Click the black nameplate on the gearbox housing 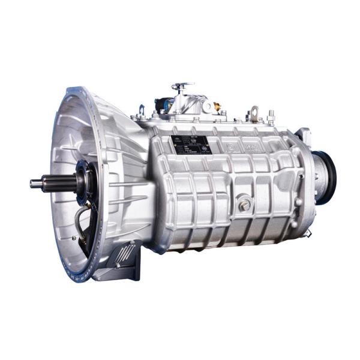click(190, 145)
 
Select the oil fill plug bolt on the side click(244, 205)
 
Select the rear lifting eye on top click(255, 113)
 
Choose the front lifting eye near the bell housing click(142, 111)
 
